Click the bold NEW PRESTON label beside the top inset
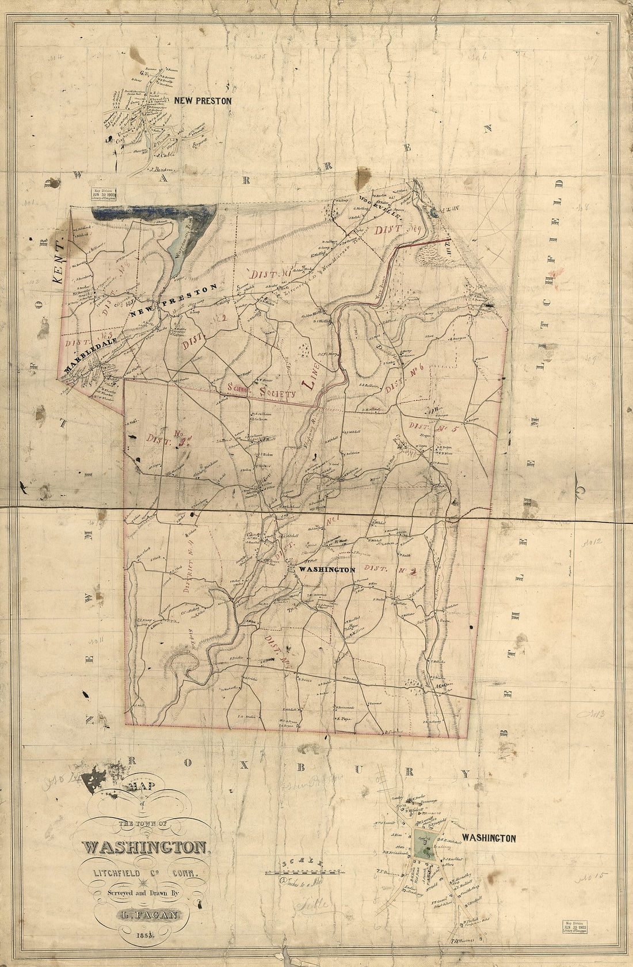pyautogui.click(x=204, y=100)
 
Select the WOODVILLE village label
pyautogui.click(x=377, y=211)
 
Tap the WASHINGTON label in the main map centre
pyautogui.click(x=325, y=569)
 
